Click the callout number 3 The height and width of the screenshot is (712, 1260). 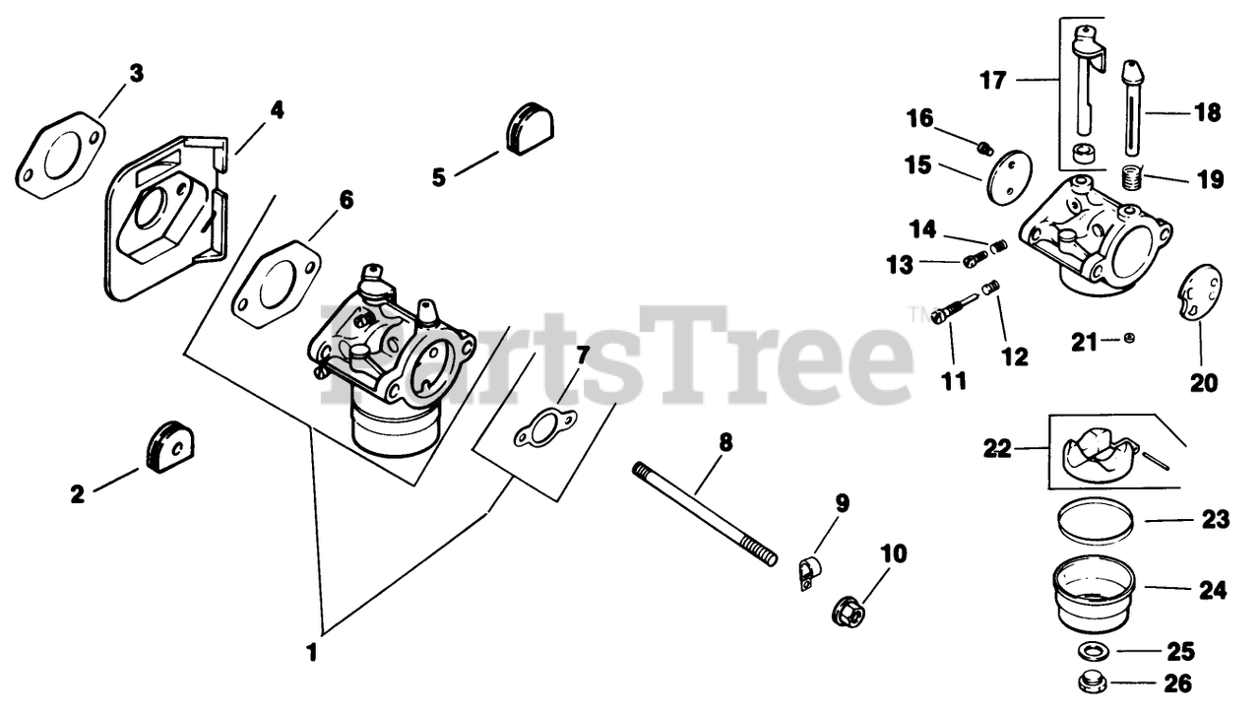click(136, 73)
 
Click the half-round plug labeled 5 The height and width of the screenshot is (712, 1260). click(530, 128)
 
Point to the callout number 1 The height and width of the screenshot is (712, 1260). click(312, 651)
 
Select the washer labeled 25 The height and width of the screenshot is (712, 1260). click(1091, 651)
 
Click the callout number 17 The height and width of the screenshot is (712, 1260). click(993, 80)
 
